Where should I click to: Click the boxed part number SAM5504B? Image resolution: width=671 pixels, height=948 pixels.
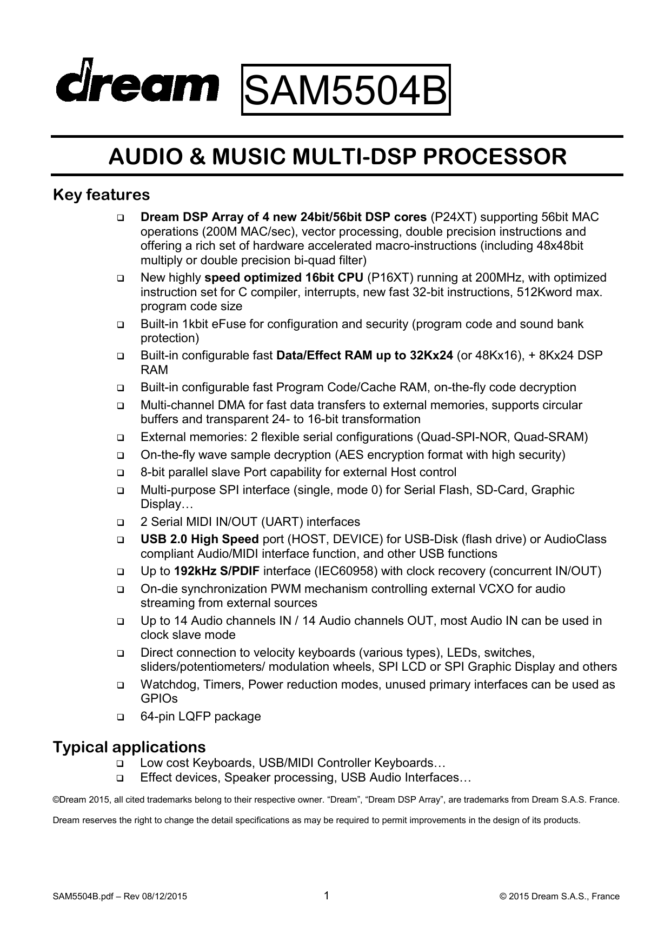pyautogui.click(x=346, y=90)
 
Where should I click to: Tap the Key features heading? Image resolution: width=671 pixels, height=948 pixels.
pyautogui.click(x=101, y=194)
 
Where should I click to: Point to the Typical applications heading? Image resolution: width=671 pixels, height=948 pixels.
pyautogui.click(x=129, y=747)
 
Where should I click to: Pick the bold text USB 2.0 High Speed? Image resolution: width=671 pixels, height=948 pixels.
pyautogui.click(x=200, y=539)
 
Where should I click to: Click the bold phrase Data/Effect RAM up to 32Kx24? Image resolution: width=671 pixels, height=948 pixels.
pyautogui.click(x=364, y=356)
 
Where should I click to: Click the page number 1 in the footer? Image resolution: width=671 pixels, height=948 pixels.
pyautogui.click(x=327, y=896)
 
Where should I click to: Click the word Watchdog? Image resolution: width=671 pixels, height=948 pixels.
pyautogui.click(x=170, y=685)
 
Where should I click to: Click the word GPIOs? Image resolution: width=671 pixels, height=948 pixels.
pyautogui.click(x=159, y=699)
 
